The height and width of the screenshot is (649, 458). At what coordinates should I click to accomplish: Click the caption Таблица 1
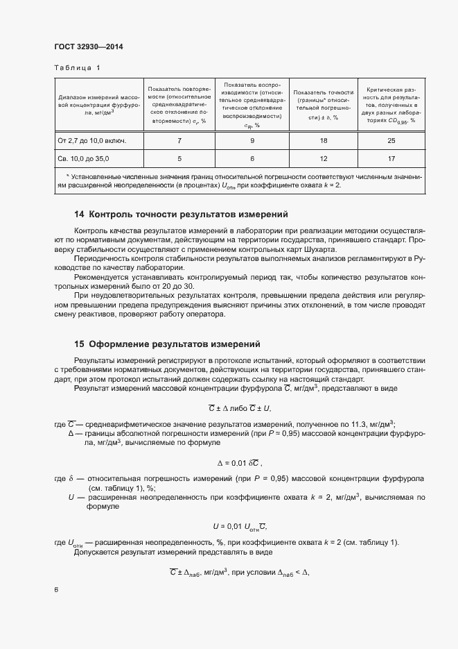tap(77, 68)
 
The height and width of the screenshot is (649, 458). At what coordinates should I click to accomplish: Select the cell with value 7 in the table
tap(179, 140)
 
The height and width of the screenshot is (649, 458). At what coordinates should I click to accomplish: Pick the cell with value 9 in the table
tap(252, 140)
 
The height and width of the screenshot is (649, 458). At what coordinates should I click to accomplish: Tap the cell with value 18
tap(322, 140)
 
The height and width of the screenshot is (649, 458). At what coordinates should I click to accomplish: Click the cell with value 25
tap(391, 140)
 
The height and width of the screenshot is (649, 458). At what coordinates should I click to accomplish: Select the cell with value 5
tap(179, 159)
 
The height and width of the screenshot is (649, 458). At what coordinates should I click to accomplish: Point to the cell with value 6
tap(252, 159)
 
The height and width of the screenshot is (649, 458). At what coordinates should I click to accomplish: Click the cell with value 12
tap(322, 159)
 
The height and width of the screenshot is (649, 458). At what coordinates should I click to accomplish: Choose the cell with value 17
tap(391, 159)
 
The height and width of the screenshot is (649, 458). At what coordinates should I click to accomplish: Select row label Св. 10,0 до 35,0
tap(83, 159)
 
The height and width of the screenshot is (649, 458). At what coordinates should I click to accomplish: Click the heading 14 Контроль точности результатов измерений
tap(180, 214)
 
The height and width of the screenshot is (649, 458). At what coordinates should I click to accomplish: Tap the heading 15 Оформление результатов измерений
tap(167, 344)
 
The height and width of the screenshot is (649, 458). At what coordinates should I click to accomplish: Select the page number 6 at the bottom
tap(55, 590)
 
